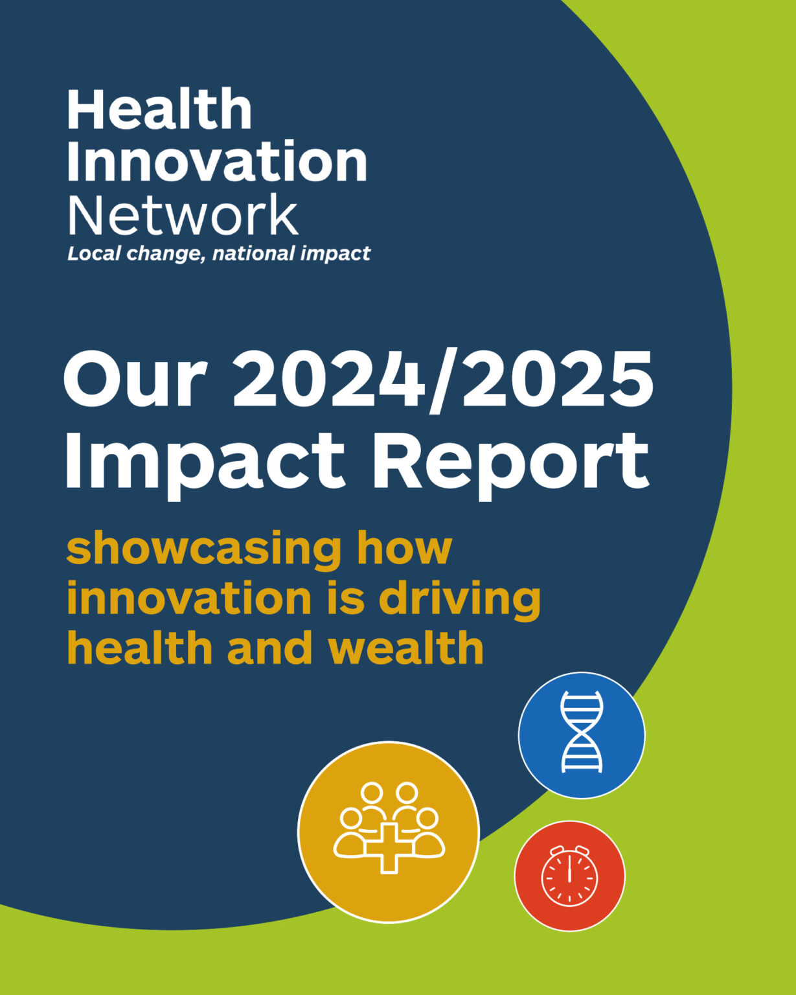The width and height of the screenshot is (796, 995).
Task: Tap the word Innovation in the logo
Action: coord(217,161)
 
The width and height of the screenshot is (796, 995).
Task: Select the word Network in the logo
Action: coord(183,214)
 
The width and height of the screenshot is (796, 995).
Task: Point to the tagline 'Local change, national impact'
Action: coord(219,253)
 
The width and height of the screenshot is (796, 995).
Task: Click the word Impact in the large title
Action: coord(204,461)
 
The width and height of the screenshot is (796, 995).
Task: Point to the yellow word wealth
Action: coord(406,648)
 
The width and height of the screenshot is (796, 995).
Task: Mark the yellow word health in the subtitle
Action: coord(139,648)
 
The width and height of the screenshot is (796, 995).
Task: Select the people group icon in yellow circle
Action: coord(389,816)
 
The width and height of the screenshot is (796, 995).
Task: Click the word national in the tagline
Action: coord(254,253)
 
